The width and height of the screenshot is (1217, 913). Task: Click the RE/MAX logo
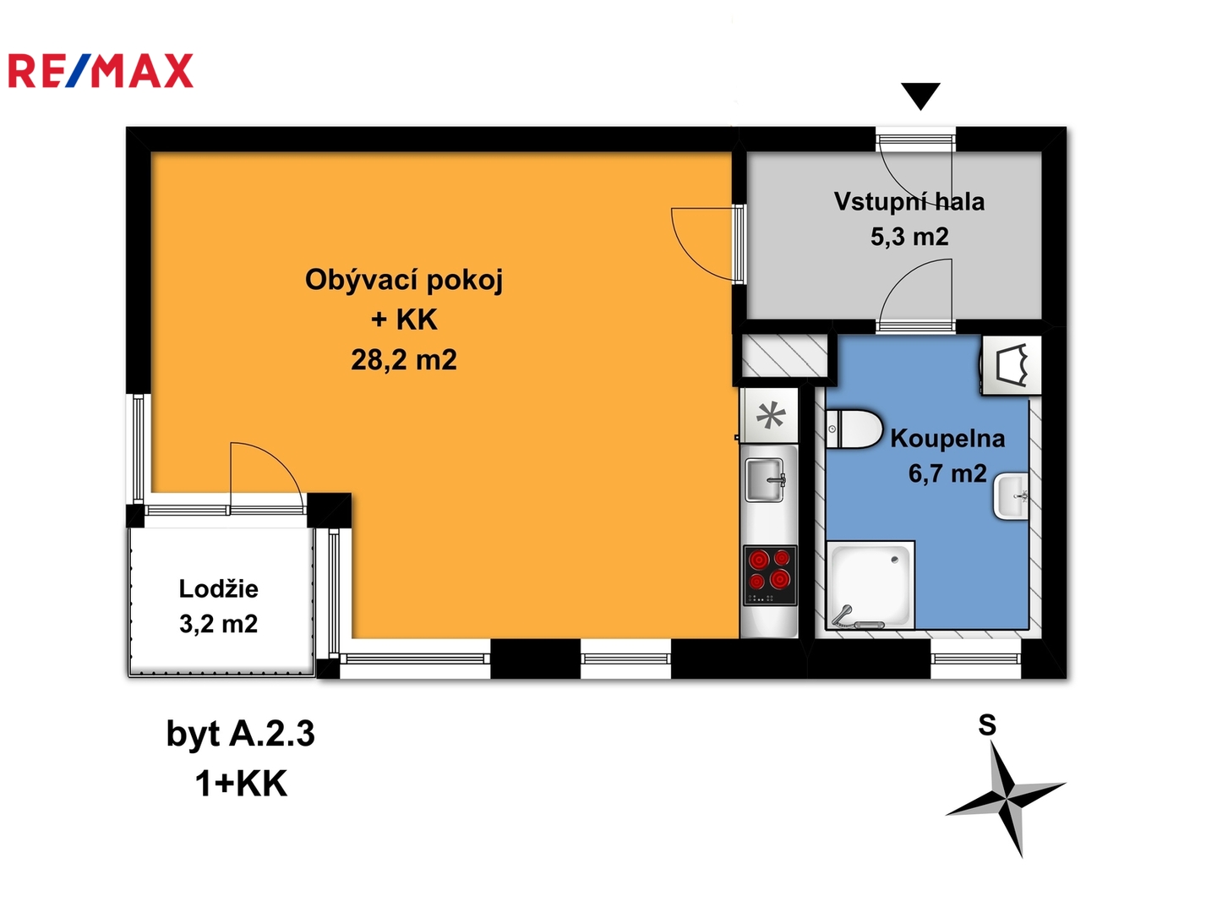[x=101, y=70]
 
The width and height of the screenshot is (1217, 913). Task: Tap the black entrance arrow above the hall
[x=920, y=96]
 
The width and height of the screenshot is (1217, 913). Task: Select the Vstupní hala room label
[x=909, y=202]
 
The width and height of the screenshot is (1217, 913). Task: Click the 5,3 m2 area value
[x=909, y=237]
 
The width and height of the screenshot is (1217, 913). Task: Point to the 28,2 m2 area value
[x=404, y=360]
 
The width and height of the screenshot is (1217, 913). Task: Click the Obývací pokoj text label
[x=404, y=281]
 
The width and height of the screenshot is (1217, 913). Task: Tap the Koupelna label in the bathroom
[x=947, y=439]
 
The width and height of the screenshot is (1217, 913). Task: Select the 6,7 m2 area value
[x=947, y=473]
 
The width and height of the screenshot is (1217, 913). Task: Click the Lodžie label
[x=218, y=588]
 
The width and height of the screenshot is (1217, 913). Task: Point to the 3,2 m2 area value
[x=218, y=624]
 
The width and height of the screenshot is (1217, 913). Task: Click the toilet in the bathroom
[x=854, y=429]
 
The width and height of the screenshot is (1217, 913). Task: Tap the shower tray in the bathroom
[x=870, y=585]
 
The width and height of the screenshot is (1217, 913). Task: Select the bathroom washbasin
[x=1011, y=496]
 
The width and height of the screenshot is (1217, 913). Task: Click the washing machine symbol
[x=1011, y=365]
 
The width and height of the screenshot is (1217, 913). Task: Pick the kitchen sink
[x=766, y=479]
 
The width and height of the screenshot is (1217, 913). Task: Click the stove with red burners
[x=770, y=576]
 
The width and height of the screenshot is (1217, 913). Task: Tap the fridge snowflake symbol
[x=771, y=416]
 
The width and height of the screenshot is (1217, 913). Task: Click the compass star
[x=1006, y=800]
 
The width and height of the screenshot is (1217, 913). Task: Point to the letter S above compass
[x=987, y=725]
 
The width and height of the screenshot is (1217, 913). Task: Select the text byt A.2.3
[x=241, y=735]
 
